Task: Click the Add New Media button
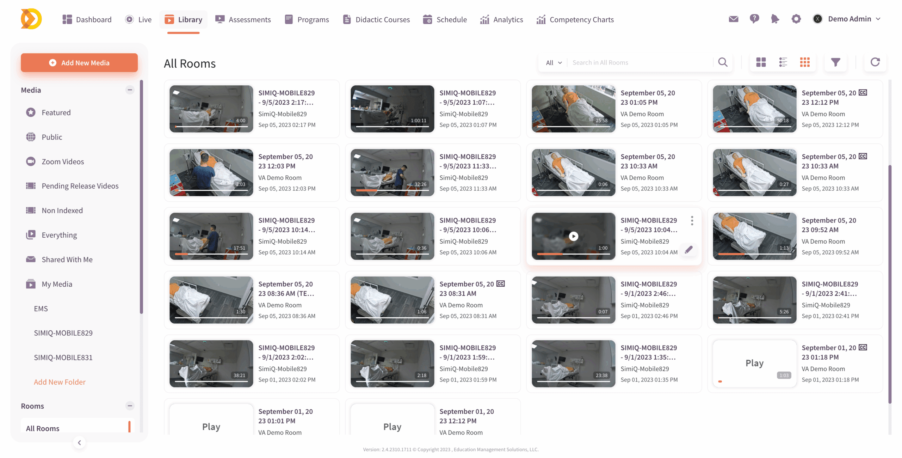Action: tap(79, 63)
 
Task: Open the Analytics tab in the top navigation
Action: tap(501, 19)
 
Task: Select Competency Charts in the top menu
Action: tap(575, 19)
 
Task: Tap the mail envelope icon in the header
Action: tap(733, 19)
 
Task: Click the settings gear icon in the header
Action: tap(796, 19)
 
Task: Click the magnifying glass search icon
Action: tap(723, 62)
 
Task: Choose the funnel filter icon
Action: tap(835, 62)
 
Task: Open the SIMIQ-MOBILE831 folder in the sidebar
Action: tap(63, 358)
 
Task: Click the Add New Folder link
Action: tap(60, 382)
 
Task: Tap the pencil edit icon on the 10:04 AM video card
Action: tap(689, 250)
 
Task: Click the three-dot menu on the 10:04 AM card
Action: tap(692, 221)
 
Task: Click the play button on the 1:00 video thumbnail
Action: tap(574, 236)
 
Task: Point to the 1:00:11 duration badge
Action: tap(419, 121)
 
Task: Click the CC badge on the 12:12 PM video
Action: tap(863, 93)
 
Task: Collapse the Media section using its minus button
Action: tap(130, 90)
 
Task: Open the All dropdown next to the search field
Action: tap(554, 63)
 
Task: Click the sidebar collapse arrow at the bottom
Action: tap(79, 443)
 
